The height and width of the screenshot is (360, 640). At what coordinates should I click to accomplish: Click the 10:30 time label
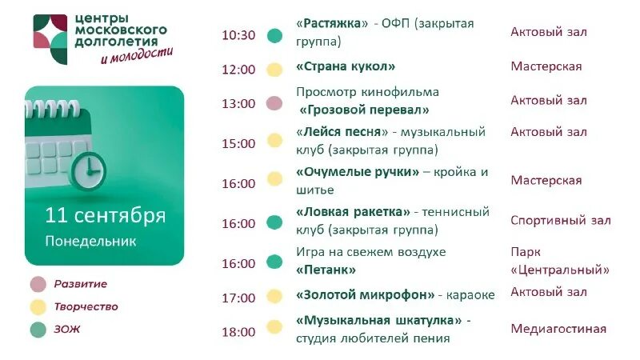point(238,35)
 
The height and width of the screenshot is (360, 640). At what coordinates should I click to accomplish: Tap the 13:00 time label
point(238,104)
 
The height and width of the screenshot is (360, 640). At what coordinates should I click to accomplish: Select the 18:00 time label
point(238,332)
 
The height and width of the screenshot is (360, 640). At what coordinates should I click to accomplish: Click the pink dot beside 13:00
point(274,103)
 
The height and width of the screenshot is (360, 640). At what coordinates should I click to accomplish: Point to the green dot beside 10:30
point(274,35)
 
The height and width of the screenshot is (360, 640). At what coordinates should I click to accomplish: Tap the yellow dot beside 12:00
point(274,70)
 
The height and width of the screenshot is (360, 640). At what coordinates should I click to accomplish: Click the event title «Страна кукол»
point(346,67)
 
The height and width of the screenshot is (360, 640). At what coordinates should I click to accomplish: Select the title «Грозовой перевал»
point(364,110)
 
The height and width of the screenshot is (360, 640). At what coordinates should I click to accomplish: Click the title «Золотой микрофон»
point(365,295)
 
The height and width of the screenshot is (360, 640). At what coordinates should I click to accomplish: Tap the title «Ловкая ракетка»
point(353,212)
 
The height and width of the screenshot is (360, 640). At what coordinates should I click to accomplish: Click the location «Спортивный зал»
point(560,221)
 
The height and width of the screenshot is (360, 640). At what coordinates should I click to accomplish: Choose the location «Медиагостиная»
point(558,329)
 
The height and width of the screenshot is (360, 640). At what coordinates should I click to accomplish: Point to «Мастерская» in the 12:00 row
point(546,66)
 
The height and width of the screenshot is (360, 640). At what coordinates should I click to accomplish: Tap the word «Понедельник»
point(90,240)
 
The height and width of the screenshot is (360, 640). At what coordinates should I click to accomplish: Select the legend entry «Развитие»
point(80,284)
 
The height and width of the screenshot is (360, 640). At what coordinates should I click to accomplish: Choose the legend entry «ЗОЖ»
point(67,329)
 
